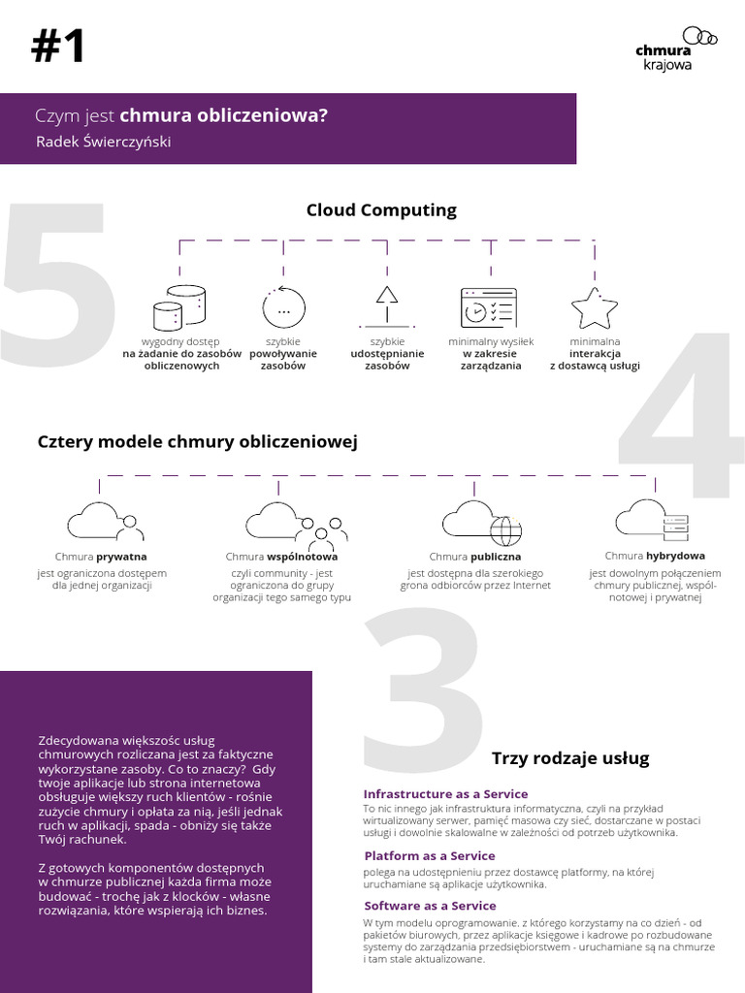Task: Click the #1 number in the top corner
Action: (58, 46)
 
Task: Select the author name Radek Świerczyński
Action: (104, 142)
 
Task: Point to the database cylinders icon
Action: (179, 308)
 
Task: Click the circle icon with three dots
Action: (283, 308)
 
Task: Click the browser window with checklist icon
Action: (488, 307)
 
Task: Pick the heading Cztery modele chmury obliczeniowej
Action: (197, 442)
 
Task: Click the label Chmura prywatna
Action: (101, 557)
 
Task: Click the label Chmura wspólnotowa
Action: (281, 558)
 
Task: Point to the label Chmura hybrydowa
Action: (655, 556)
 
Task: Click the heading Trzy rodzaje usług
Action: (570, 758)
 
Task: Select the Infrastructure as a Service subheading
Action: (445, 793)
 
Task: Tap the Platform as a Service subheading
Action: (430, 856)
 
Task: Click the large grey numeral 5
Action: (58, 286)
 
